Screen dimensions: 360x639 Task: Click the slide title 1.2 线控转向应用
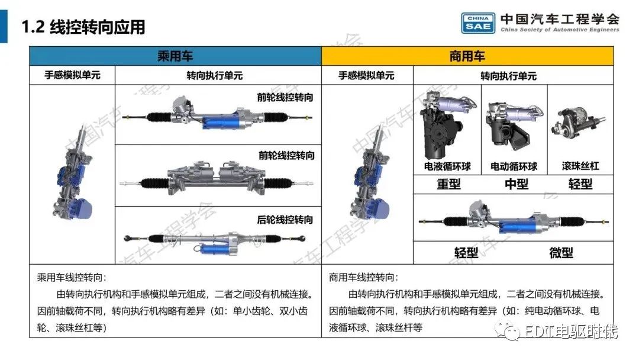point(83,27)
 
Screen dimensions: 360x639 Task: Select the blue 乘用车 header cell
point(175,56)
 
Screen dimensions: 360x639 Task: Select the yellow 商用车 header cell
point(467,56)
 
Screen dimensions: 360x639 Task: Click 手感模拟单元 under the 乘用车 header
point(72,75)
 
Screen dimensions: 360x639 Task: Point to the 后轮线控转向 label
point(286,220)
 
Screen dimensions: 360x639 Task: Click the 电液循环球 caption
point(447,166)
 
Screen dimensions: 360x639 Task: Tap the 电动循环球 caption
point(514,166)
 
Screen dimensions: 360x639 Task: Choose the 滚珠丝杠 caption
point(580,166)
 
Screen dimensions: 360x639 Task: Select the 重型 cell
point(448,184)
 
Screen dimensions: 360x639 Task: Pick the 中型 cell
point(516,184)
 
